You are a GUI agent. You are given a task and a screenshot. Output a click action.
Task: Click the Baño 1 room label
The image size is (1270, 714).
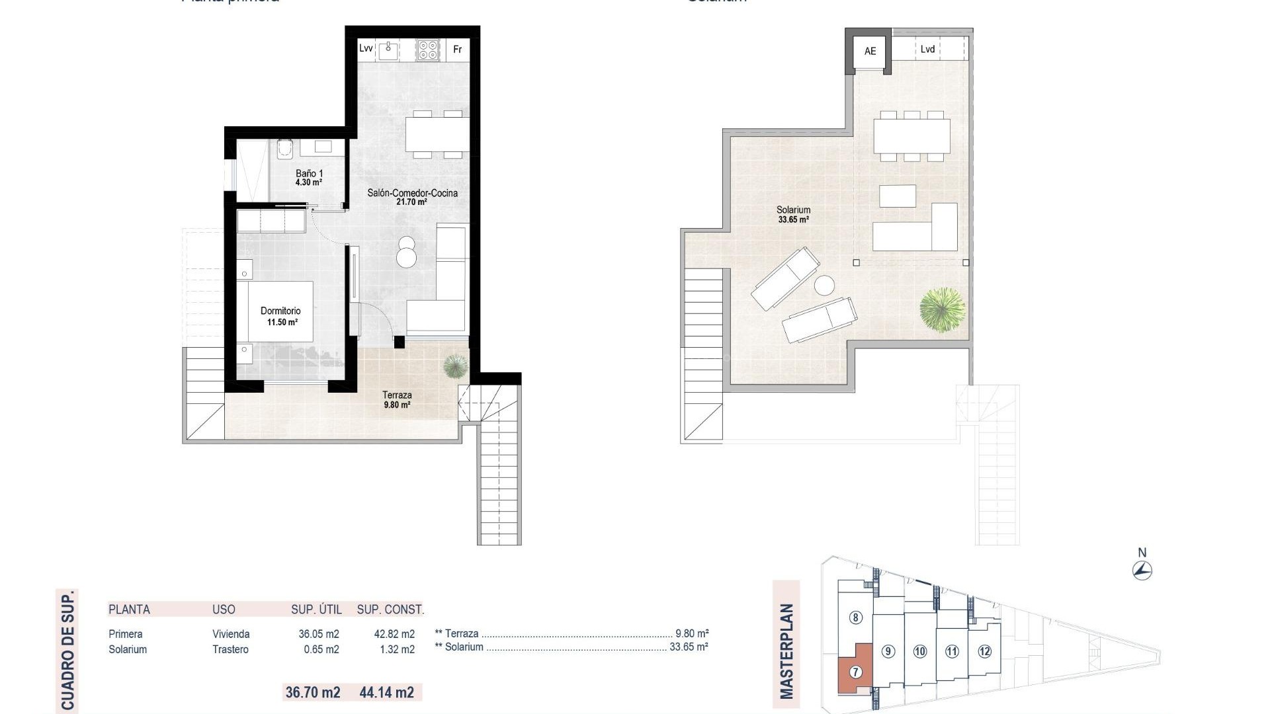pos(309,177)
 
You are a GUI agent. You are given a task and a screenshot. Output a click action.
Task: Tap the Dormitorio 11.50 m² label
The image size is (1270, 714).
pos(281,316)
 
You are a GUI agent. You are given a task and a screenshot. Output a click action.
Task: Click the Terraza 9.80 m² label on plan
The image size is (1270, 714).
pos(397,399)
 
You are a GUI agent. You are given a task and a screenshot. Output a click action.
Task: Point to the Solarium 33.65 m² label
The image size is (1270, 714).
pos(794,214)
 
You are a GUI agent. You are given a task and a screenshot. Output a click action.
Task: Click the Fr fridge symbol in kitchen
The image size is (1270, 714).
pos(457,50)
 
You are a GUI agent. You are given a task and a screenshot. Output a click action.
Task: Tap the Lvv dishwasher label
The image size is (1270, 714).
pos(366,48)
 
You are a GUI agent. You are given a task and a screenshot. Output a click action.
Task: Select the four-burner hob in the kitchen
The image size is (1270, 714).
pos(428,50)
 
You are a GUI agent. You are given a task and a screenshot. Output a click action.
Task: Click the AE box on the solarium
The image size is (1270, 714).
pos(870,51)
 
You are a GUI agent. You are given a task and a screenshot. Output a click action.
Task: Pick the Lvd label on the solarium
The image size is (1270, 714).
pos(927,49)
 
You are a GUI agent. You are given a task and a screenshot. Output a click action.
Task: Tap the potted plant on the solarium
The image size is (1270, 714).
pos(942,309)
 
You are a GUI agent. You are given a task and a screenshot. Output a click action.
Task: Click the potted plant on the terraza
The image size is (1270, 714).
pos(454,366)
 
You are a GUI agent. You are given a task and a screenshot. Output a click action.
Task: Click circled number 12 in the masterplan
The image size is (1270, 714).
pos(984,651)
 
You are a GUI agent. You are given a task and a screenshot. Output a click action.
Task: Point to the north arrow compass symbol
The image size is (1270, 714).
pos(1142,570)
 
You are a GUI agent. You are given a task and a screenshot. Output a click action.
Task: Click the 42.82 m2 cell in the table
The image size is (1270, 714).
pos(394,634)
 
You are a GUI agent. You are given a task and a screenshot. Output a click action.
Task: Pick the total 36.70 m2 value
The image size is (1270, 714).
pos(313,692)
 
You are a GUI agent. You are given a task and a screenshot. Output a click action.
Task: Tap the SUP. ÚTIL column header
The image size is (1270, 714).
pos(316,610)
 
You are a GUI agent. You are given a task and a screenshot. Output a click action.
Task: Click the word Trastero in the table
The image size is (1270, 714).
pos(230,649)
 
